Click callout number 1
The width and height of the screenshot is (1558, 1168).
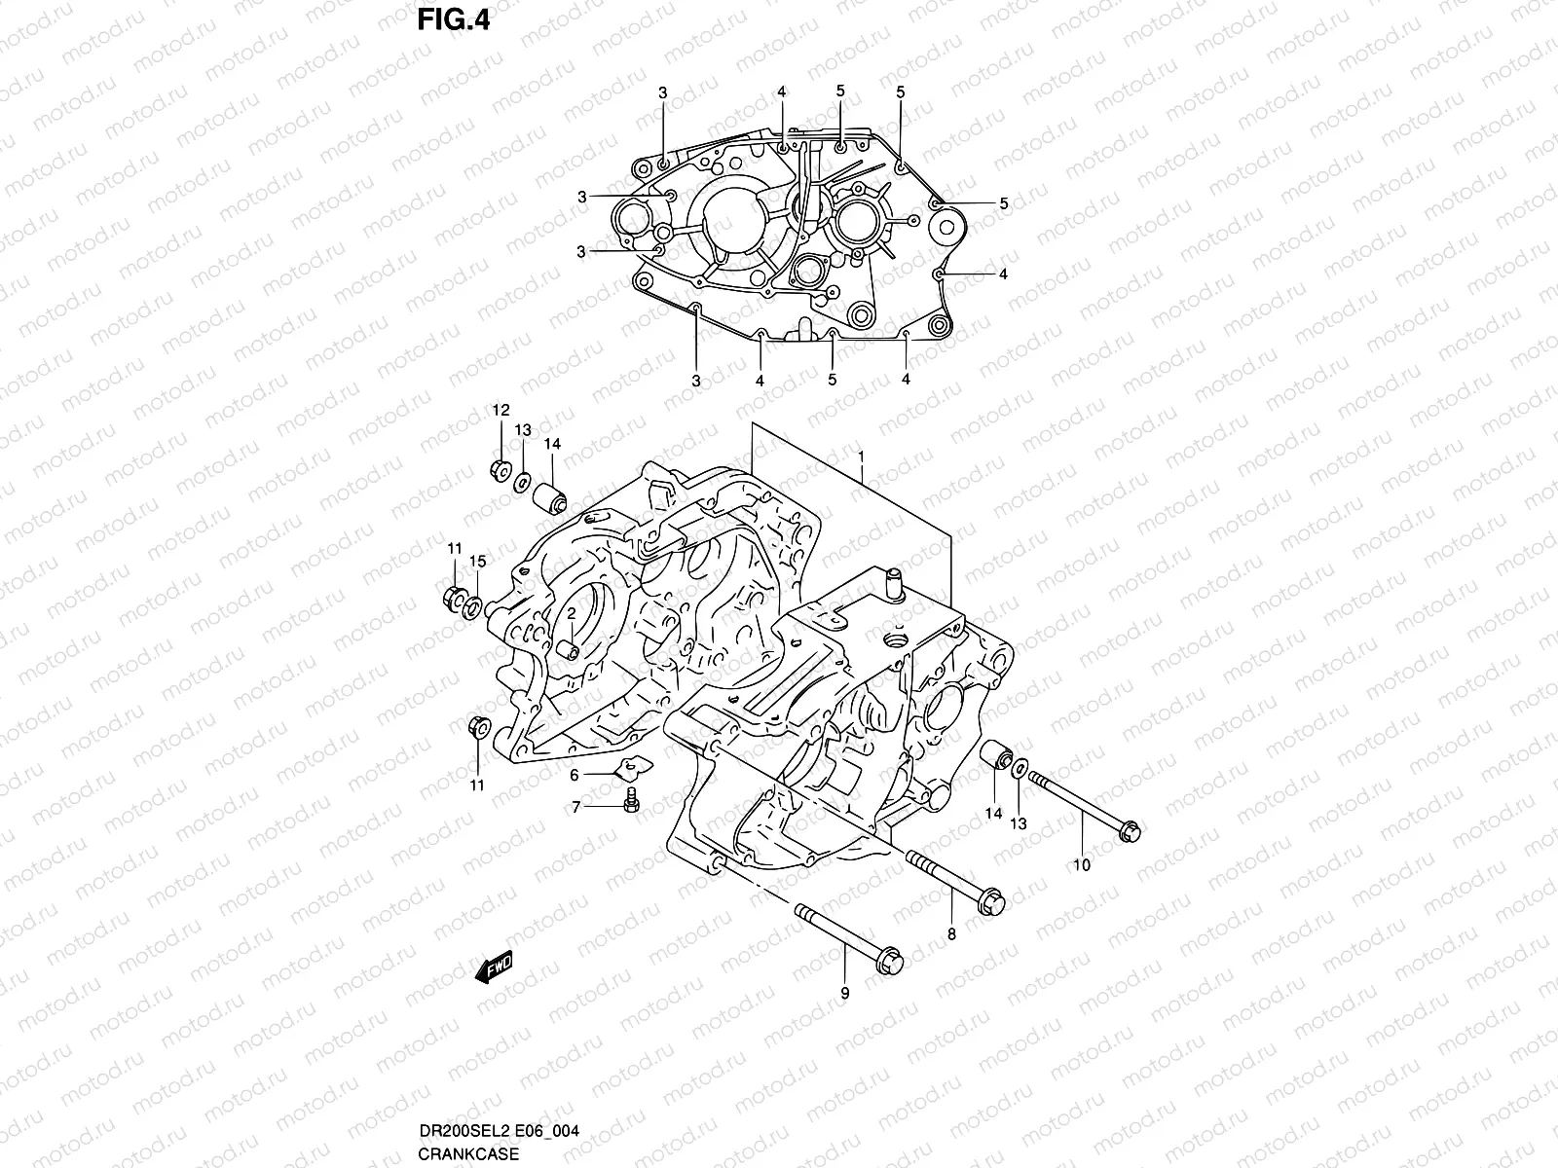point(861,456)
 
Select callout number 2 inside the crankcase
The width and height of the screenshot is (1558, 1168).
point(573,612)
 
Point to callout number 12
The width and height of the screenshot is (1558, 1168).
point(500,410)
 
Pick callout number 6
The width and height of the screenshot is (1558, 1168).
point(575,775)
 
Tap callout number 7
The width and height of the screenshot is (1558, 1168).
point(575,807)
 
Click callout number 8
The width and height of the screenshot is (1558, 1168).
point(951,934)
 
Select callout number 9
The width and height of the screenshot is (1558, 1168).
point(844,993)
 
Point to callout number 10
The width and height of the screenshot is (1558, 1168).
point(1082,864)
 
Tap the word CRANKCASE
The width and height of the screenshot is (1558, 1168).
point(463,1154)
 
